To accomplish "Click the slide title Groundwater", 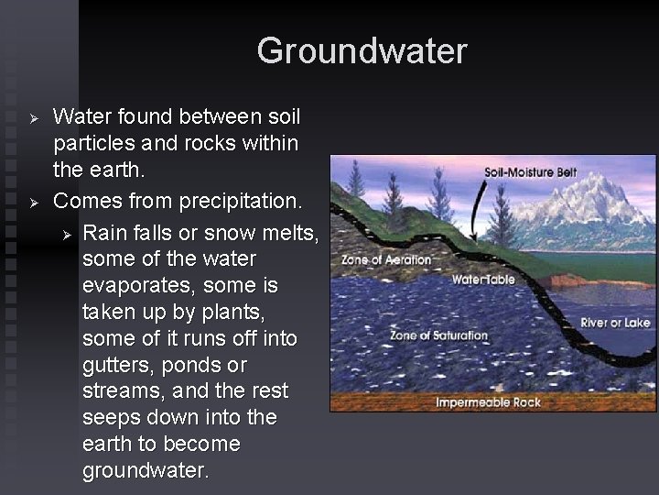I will pyautogui.click(x=362, y=50).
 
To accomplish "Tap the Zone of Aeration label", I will pyautogui.click(x=385, y=259).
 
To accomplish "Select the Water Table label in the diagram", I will pyautogui.click(x=483, y=280).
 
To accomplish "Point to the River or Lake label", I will pyautogui.click(x=615, y=323).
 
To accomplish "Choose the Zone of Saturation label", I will pyautogui.click(x=439, y=335).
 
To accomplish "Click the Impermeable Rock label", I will pyautogui.click(x=488, y=402).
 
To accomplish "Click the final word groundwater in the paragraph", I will pyautogui.click(x=146, y=471).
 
